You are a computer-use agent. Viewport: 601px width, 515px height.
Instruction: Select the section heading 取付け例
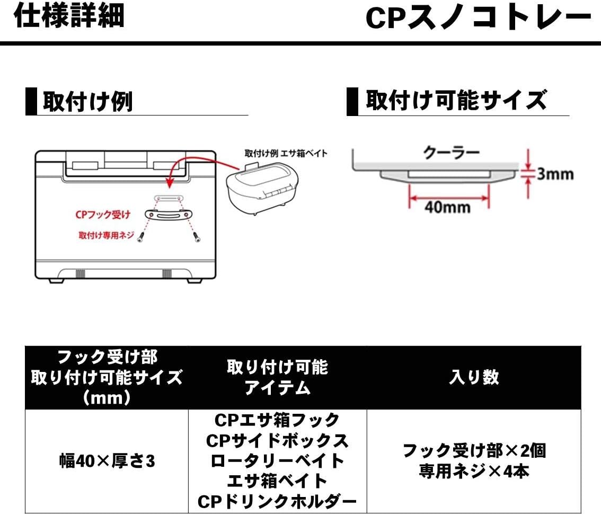pos(87,102)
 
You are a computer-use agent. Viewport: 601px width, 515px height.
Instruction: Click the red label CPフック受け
pos(103,215)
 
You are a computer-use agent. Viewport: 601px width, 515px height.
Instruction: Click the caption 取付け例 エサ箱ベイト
pos(286,154)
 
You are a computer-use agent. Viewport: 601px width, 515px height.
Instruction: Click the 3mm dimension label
pos(554,174)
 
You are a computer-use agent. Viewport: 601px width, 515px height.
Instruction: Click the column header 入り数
pos(474,377)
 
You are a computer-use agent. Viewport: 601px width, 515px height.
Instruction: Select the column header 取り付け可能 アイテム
pos(277,377)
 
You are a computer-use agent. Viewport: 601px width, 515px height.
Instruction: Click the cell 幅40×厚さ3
pos(107,461)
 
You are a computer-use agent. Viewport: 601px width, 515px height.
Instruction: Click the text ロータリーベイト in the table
pos(277,461)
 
